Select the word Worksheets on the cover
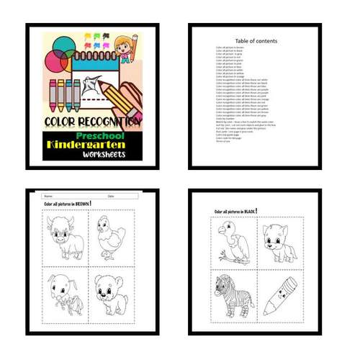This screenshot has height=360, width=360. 103,155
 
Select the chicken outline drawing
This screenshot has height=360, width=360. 112,237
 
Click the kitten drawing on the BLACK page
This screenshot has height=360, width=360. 282,241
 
